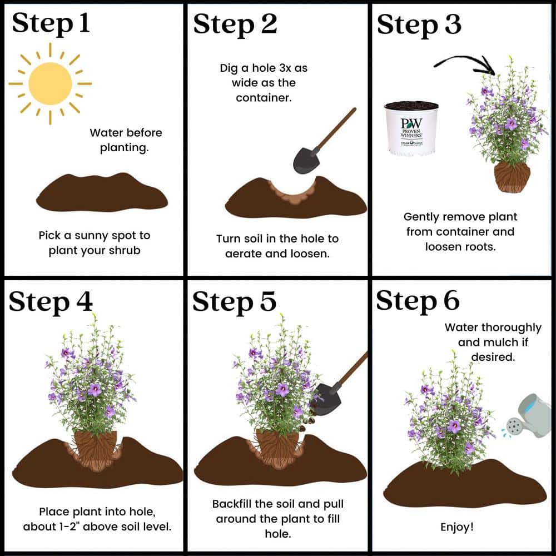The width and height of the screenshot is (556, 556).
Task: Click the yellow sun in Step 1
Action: tap(50, 83)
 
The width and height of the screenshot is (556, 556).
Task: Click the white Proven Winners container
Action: tap(411, 128)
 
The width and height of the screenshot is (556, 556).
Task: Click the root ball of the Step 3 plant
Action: tap(512, 177)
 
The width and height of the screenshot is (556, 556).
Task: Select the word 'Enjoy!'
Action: tap(457, 527)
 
